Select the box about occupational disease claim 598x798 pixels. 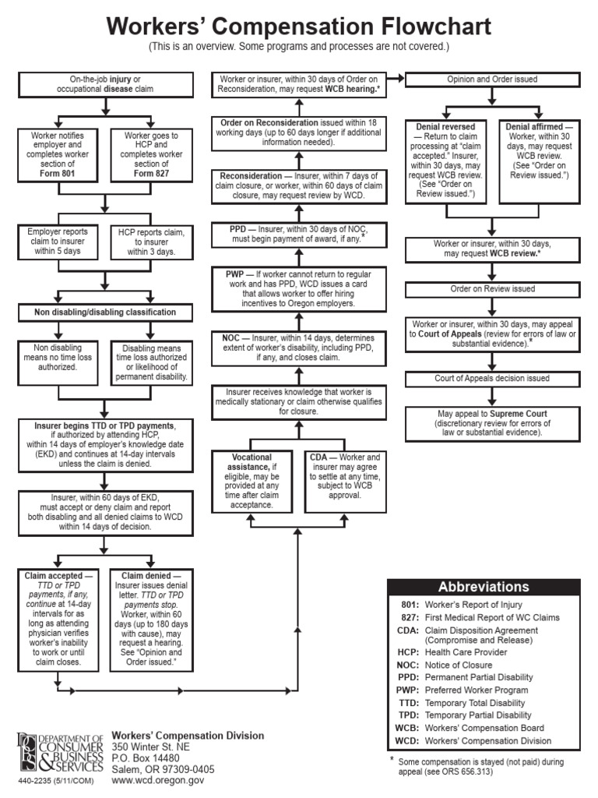click(105, 84)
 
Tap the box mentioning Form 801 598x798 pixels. click(58, 154)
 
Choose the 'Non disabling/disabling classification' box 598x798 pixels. click(105, 312)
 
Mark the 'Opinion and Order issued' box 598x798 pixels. click(491, 79)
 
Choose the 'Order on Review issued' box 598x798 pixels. click(493, 289)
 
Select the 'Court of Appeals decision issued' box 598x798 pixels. click(493, 379)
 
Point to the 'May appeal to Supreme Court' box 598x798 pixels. click(493, 422)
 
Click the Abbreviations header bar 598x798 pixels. click(484, 588)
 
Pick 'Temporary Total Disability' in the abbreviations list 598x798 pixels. click(474, 703)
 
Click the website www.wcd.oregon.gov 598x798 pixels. click(158, 779)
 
